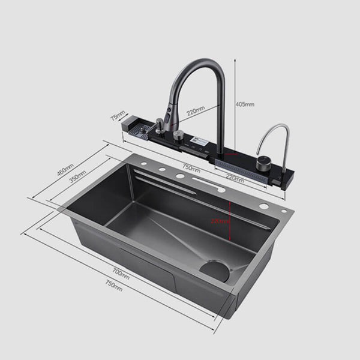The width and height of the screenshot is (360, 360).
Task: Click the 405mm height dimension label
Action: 245,104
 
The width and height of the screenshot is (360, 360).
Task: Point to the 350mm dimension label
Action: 76,179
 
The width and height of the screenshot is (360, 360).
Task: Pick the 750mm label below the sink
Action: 113,286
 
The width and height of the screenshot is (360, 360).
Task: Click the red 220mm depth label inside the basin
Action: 220,220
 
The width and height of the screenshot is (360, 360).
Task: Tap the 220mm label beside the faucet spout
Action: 194,110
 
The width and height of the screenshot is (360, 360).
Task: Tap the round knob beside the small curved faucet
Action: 263,164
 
